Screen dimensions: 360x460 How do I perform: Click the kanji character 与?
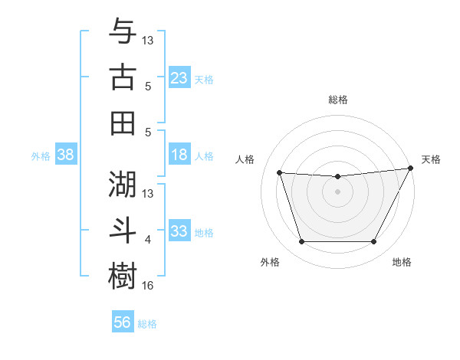123,32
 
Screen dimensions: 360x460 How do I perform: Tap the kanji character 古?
123,77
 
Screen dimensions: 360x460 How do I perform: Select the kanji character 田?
123,123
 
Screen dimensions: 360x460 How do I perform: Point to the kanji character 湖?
123,185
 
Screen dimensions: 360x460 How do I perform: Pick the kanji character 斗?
123,230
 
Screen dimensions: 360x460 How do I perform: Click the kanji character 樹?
123,276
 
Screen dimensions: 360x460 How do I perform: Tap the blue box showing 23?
179,78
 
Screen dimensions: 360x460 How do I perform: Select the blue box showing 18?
179,155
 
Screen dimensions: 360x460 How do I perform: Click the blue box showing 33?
179,231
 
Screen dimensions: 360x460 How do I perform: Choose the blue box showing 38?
66,155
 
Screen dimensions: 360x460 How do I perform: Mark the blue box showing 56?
122,322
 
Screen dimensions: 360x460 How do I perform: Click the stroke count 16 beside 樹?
148,286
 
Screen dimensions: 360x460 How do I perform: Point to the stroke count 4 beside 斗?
148,240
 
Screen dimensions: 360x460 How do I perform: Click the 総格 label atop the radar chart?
337,100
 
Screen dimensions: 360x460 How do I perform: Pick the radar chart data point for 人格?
279,173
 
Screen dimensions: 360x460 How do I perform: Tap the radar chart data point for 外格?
301,242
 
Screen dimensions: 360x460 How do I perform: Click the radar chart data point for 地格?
373,242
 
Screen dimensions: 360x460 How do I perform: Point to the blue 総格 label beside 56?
147,324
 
